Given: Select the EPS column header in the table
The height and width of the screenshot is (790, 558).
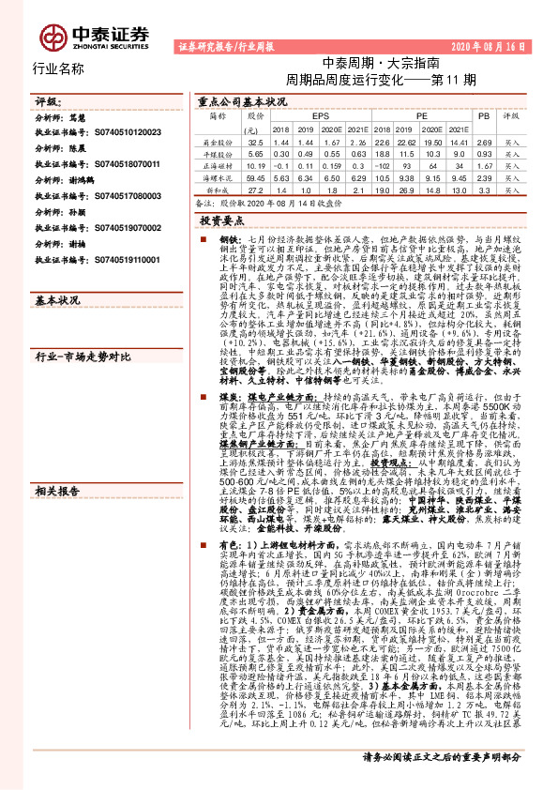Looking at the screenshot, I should (x=308, y=114).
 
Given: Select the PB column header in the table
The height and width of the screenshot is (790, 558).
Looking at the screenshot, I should (x=484, y=114).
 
